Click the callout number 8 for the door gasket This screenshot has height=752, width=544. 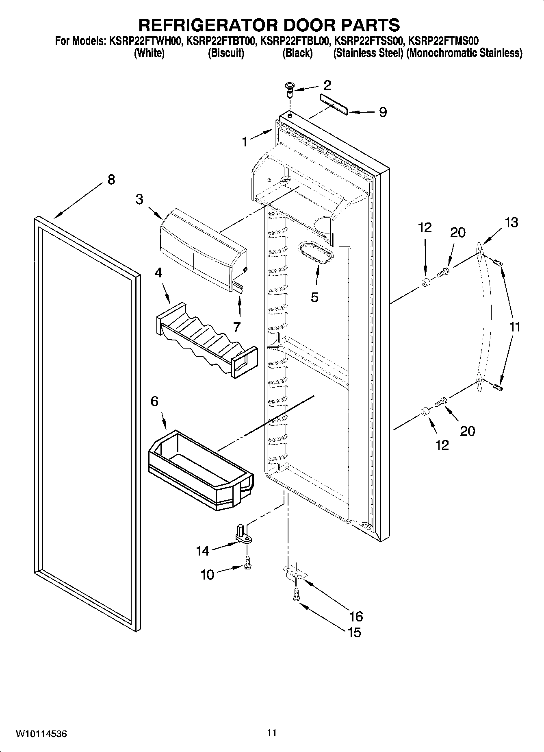click(x=111, y=179)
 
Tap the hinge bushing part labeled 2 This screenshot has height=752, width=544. click(x=289, y=89)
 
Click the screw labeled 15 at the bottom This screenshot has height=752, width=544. click(x=296, y=595)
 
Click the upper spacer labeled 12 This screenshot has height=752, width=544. click(x=425, y=283)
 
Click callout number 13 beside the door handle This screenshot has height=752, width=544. click(x=511, y=222)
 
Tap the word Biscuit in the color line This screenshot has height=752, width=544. click(x=226, y=53)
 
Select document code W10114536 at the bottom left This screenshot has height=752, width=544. click(x=41, y=734)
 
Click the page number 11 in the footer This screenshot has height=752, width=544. click(x=272, y=732)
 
